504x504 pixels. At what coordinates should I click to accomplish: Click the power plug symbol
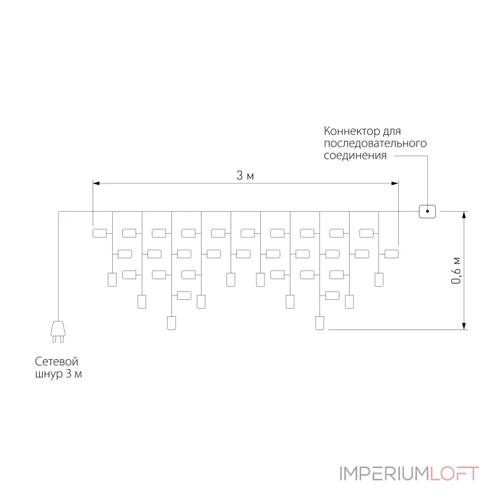[x=58, y=331]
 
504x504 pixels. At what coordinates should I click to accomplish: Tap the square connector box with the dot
[x=427, y=212]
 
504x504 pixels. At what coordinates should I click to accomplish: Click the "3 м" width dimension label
[x=245, y=176]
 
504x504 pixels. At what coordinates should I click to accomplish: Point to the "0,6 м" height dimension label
[x=455, y=271]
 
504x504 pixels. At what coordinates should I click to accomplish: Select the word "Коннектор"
[x=352, y=131]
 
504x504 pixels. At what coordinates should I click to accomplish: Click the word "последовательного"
[x=375, y=144]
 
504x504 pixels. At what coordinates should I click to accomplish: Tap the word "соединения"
[x=355, y=156]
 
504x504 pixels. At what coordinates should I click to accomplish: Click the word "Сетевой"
[x=57, y=362]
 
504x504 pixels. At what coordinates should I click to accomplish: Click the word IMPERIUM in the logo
[x=384, y=474]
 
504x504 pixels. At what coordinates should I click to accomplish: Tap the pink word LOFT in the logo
[x=454, y=474]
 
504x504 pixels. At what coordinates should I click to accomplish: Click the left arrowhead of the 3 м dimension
[x=96, y=183]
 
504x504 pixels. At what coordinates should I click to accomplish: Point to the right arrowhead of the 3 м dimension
[x=395, y=183]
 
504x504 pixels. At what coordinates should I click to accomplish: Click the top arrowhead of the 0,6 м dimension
[x=464, y=215]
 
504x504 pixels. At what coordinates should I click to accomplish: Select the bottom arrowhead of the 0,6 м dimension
[x=464, y=326]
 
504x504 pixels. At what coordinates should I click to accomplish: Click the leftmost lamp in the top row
[x=100, y=233]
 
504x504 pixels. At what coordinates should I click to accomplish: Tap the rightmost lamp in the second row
[x=391, y=254]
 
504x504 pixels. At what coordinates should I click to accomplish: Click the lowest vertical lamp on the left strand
[x=171, y=323]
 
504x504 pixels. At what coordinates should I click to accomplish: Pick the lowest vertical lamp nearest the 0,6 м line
[x=319, y=323]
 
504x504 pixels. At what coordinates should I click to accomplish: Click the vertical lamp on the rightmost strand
[x=379, y=280]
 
